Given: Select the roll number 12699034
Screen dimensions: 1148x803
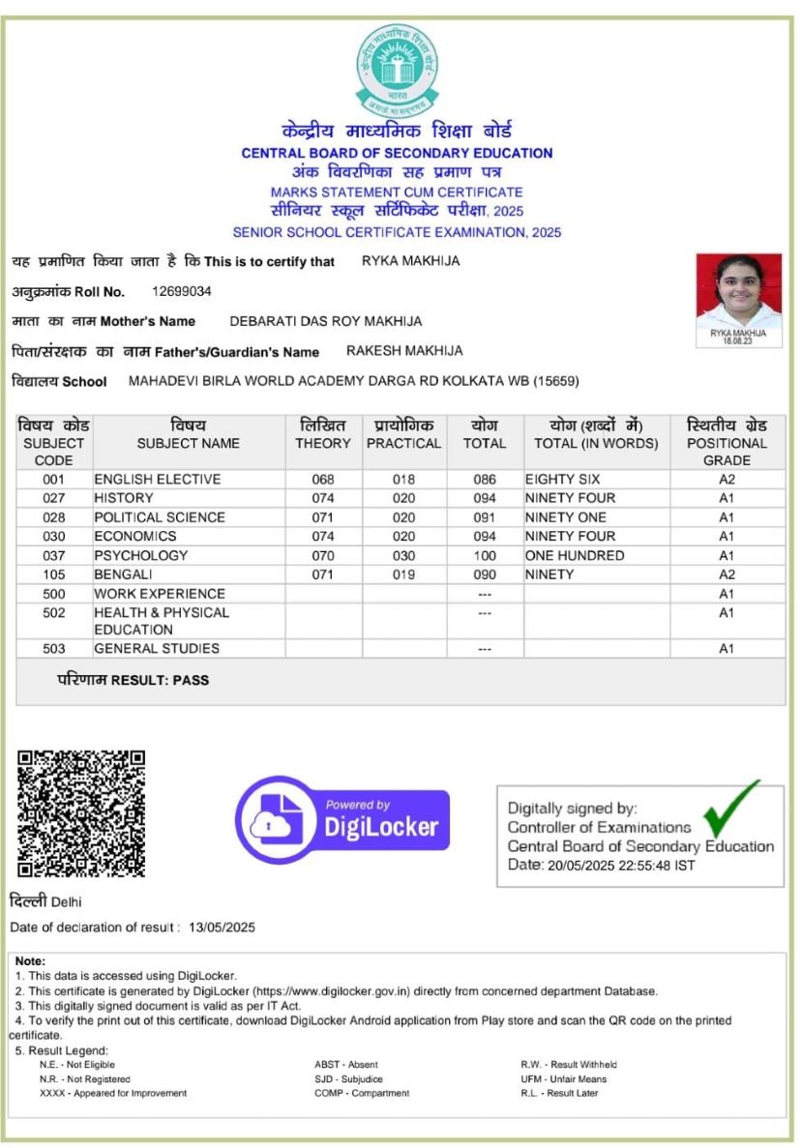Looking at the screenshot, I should tap(182, 291).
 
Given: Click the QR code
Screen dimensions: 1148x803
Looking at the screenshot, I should tap(82, 813).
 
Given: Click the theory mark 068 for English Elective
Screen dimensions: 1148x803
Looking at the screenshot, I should tap(322, 480).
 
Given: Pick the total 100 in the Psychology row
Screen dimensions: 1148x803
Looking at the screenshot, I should tap(485, 556).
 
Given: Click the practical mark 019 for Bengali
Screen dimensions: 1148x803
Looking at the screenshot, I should tap(403, 575).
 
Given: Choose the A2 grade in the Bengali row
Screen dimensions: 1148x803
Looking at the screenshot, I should tap(727, 575).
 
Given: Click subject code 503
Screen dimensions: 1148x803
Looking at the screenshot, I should tap(54, 649).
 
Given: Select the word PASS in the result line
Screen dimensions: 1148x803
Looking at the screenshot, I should tap(191, 681).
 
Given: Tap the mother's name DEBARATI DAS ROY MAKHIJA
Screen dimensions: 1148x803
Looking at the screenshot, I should tap(325, 321).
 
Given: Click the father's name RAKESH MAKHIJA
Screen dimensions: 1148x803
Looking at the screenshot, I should tap(404, 351).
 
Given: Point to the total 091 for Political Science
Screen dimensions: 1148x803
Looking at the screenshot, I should tap(485, 517).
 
